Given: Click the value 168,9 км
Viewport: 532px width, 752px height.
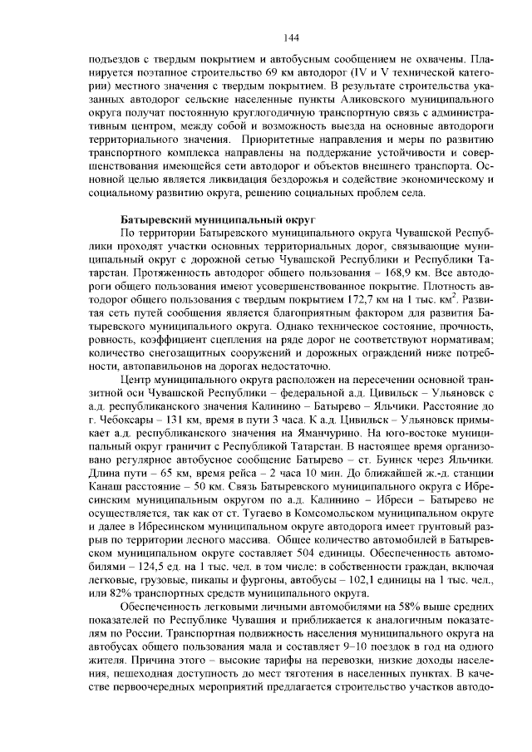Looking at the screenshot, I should [386, 272].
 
